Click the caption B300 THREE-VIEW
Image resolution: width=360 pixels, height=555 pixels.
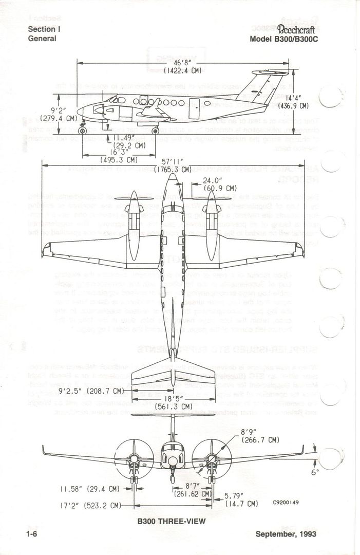pos(172,522)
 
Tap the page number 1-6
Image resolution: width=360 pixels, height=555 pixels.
pos(34,534)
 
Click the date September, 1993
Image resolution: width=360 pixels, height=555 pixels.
pos(286,534)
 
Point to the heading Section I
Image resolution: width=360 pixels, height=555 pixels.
pos(44,29)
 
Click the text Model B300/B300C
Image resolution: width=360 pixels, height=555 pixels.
pos(284,39)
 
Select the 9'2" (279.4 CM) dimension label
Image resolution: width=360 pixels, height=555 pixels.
pos(59,114)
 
